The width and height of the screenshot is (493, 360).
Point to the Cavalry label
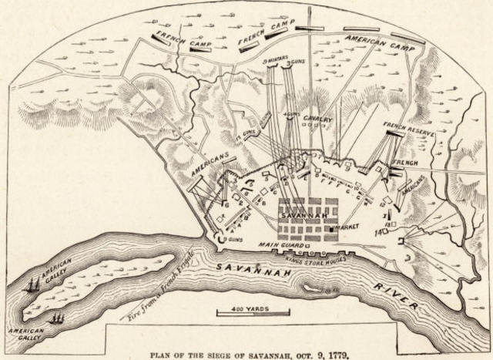coord(317,119)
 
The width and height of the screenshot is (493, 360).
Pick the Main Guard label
coord(278,245)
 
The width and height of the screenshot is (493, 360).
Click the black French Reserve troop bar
coord(394,133)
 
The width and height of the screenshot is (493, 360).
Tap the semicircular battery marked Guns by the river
coord(220,240)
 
